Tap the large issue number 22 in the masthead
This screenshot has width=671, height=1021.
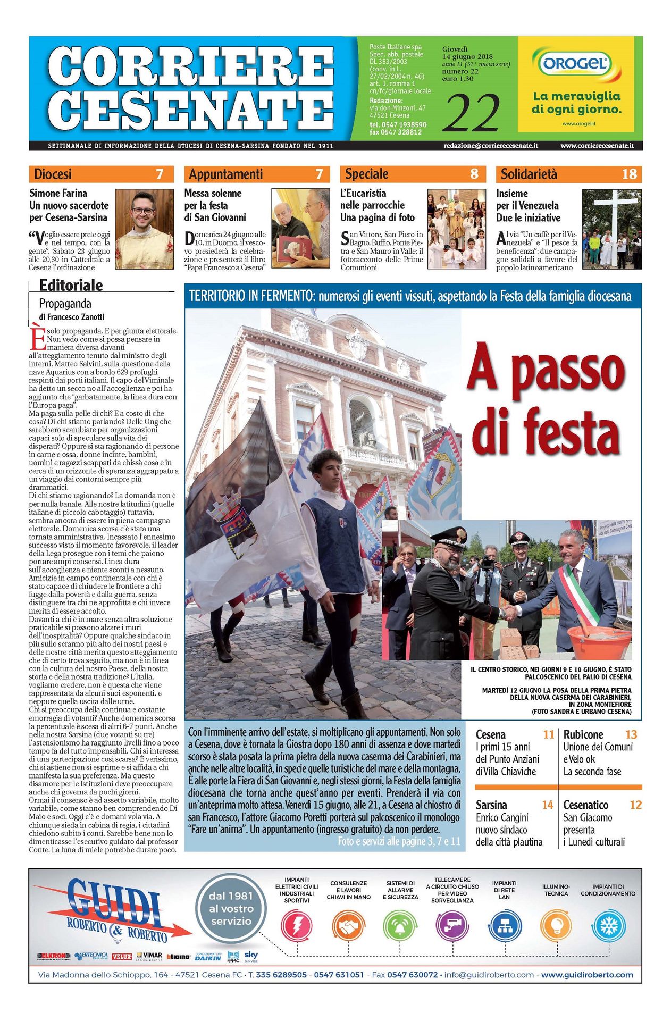point(471,112)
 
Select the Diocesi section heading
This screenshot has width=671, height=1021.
point(53,174)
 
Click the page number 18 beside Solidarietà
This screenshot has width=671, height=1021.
point(629,174)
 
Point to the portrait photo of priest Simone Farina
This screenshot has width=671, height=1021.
point(144,229)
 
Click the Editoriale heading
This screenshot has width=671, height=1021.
point(71,286)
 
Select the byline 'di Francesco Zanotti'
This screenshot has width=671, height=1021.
point(72,317)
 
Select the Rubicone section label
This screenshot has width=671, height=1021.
point(583,734)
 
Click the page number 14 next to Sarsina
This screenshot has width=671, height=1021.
point(548,805)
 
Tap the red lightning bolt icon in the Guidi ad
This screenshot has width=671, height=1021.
point(297,926)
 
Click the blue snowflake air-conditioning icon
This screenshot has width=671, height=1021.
point(608,926)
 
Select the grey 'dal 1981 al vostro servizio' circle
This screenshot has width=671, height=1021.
point(231,909)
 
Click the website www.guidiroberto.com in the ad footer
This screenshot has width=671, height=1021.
point(587,975)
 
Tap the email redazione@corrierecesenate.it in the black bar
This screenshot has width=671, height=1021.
point(491,146)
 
